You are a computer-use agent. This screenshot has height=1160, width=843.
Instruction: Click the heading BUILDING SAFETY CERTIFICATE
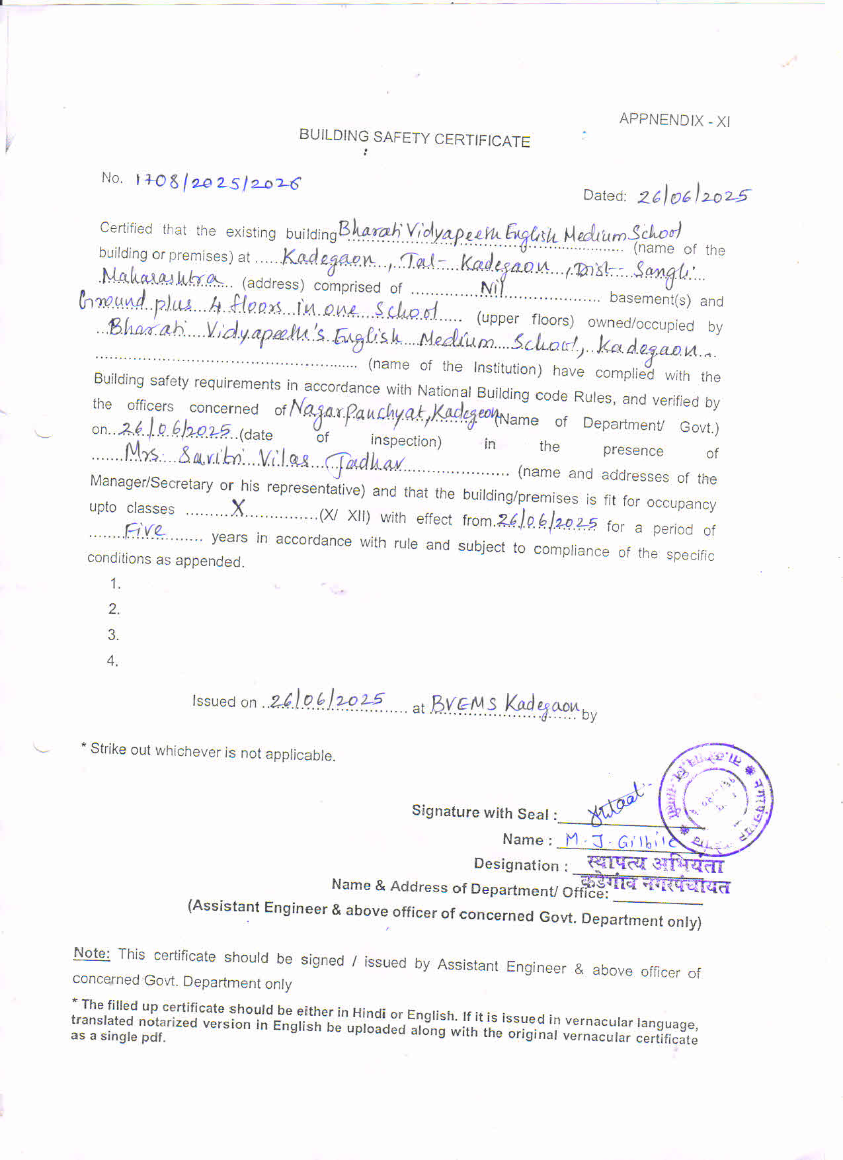click(x=415, y=138)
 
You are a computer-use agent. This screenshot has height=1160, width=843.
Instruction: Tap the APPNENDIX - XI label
click(x=674, y=120)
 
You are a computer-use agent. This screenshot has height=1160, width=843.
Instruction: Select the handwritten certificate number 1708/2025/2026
click(x=218, y=182)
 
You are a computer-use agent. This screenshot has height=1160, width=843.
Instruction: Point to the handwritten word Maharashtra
click(x=162, y=278)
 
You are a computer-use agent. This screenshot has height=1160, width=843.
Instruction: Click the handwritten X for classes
click(x=238, y=508)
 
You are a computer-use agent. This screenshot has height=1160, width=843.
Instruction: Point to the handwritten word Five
click(x=145, y=530)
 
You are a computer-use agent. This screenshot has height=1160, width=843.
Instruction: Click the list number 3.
click(x=114, y=635)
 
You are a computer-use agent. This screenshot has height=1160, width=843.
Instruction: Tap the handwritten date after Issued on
click(x=327, y=700)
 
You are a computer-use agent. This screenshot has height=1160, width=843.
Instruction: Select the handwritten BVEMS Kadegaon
click(x=505, y=705)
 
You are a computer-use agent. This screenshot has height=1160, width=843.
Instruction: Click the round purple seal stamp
click(x=715, y=799)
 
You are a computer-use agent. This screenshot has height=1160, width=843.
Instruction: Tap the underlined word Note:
click(x=91, y=953)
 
